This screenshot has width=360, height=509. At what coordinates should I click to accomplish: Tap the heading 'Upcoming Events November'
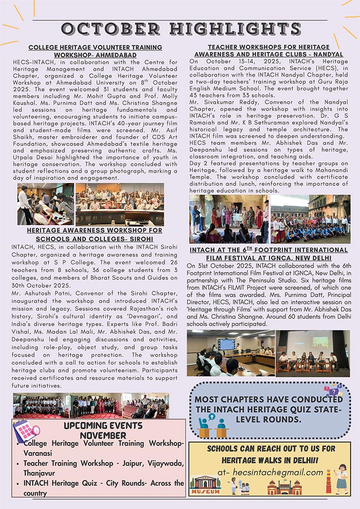(103, 430)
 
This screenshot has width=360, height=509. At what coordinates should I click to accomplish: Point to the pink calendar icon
(25, 431)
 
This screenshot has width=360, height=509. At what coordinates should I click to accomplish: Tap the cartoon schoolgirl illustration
(341, 478)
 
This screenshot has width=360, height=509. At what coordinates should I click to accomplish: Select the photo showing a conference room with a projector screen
(230, 353)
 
